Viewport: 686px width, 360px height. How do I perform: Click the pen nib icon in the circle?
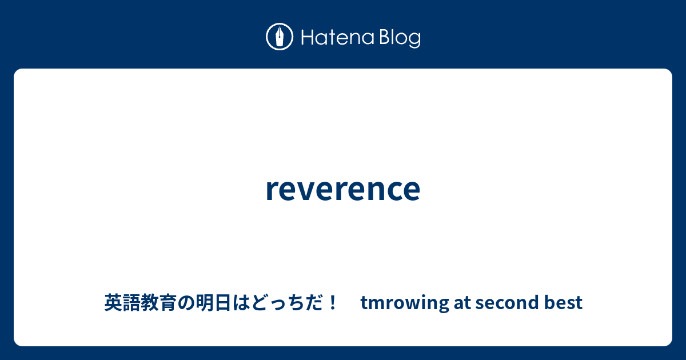pos(280,37)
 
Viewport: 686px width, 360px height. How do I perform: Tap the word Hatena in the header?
pos(337,37)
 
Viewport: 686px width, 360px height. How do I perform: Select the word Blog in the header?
pos(400,38)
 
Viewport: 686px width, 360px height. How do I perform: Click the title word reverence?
pos(343,189)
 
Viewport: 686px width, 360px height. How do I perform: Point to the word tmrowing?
pos(405,303)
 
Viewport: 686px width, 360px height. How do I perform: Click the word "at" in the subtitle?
pos(462,302)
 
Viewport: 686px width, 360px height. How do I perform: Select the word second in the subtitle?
pos(507,302)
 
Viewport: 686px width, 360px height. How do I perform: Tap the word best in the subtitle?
pos(563,302)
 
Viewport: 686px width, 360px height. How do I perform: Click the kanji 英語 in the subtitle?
pos(122,302)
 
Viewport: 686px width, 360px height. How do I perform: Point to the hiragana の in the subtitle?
pos(186,303)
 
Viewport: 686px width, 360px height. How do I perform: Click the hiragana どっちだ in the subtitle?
pos(286,302)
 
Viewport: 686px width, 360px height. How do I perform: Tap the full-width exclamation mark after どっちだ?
pos(332,302)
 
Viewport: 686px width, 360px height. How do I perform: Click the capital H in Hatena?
pos(308,38)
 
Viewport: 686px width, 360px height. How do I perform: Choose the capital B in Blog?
pos(385,38)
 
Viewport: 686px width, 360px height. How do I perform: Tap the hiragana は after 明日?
pos(241,302)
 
